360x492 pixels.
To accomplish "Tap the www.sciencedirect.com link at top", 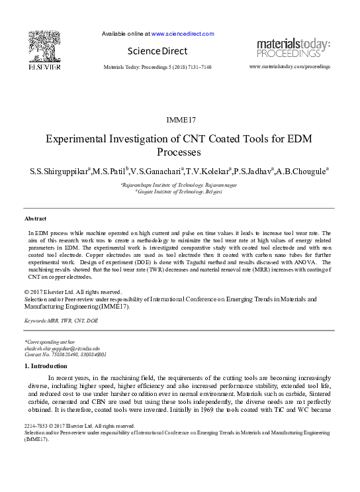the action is coord(183,33).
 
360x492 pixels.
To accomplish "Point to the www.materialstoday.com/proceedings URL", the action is coord(289,67).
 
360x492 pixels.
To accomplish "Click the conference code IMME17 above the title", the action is coord(178,120).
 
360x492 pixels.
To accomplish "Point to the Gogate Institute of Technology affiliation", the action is coord(179,191).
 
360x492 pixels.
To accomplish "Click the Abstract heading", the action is coord(35,218).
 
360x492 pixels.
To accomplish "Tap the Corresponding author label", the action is coord(51,342).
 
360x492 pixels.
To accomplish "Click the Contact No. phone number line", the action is coord(65,354).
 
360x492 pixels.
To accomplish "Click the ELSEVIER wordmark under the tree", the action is coord(44,67).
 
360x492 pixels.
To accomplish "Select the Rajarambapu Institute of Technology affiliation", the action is coord(177,185).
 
